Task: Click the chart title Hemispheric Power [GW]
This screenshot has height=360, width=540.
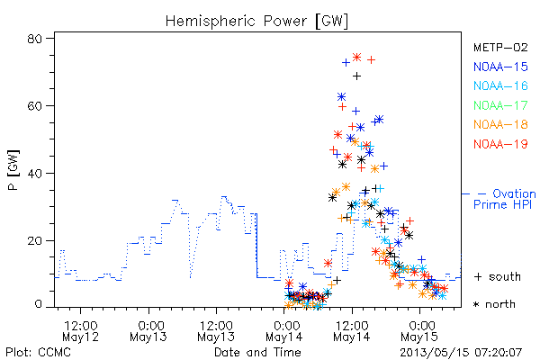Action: point(256,21)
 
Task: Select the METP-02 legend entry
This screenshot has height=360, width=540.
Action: point(500,47)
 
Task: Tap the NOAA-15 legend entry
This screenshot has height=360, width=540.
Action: point(500,67)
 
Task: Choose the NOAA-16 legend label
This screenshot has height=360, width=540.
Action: point(500,85)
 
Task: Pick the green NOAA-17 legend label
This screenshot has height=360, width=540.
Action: point(500,105)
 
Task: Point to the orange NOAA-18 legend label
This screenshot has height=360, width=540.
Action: point(500,124)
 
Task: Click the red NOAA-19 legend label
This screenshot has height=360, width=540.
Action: point(500,144)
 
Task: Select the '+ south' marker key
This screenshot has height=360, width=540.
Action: point(498,276)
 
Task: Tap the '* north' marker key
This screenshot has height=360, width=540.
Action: point(494,304)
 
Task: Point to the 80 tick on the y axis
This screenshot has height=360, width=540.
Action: point(34,39)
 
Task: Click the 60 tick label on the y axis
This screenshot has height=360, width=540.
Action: point(34,106)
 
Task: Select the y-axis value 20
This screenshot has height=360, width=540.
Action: point(34,240)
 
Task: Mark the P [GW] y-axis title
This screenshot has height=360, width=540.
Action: point(13,170)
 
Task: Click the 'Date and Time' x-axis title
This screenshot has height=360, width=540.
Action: point(257,353)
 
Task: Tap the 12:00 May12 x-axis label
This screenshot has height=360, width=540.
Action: point(81,331)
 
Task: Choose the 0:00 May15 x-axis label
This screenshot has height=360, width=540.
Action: point(419,331)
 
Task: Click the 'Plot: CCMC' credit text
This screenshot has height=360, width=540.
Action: point(38,353)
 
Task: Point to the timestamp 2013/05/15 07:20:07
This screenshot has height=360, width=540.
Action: point(461,353)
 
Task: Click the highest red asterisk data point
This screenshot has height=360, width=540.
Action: point(356,58)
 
